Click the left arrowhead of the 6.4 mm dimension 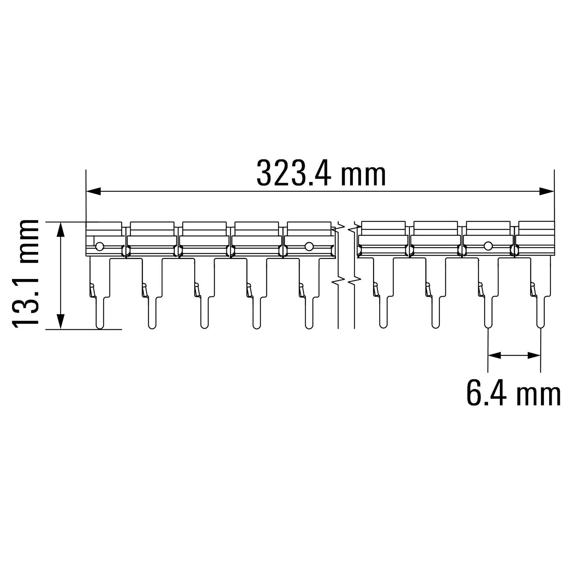[x=495, y=355]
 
